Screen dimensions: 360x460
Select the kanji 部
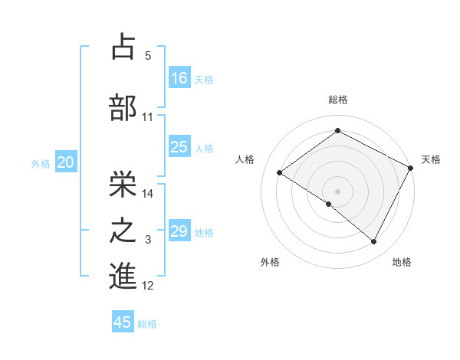pos(123,107)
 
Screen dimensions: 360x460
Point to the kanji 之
pos(123,231)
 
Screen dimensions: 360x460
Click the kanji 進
pos(123,277)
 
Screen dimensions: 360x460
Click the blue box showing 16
pos(179,77)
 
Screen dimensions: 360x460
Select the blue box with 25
pos(179,147)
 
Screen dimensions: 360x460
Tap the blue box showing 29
pos(179,231)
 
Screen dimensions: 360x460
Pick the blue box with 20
pos(66,162)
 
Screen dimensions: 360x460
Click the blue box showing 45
pos(123,322)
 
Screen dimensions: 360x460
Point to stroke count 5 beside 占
pos(148,56)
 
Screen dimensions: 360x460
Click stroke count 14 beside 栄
pos(148,194)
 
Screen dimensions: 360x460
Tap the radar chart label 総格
pos(338,100)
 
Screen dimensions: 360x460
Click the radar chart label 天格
pos(431,159)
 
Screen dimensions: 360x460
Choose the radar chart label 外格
pos(270,262)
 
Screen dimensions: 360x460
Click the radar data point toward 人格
pos(280,173)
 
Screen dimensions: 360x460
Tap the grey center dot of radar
pos(337,190)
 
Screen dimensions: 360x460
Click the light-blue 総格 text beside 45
pos(147,324)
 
